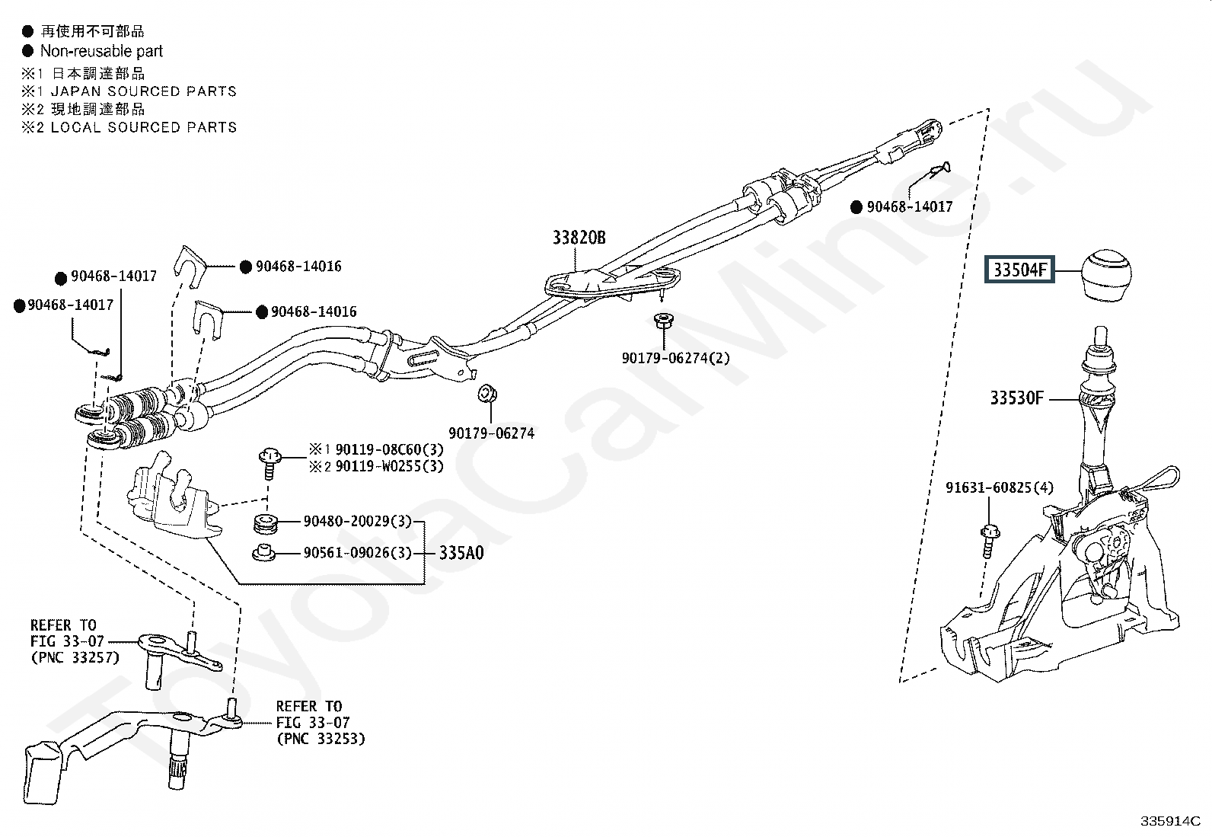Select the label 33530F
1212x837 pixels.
click(x=1017, y=398)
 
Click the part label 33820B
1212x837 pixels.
click(x=579, y=238)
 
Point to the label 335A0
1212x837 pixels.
click(x=461, y=553)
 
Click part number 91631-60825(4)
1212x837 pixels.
click(x=1000, y=487)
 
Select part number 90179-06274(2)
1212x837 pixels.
click(x=675, y=357)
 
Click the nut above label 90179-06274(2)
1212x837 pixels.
click(x=662, y=321)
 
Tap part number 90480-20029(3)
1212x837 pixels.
click(x=357, y=522)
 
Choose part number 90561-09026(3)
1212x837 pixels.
click(x=357, y=553)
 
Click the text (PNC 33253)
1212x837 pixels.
click(x=320, y=738)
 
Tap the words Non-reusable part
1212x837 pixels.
click(x=101, y=51)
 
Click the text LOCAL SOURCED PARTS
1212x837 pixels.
click(x=143, y=127)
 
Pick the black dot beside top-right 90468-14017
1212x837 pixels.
click(x=856, y=206)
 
